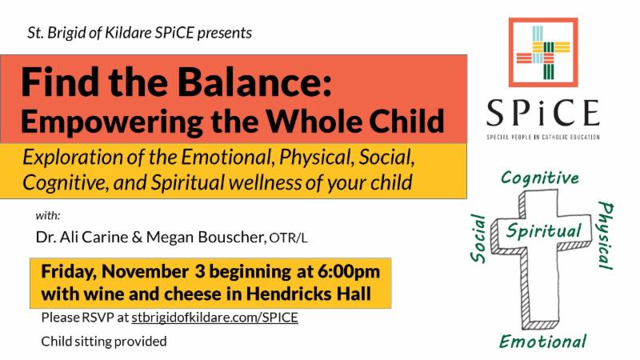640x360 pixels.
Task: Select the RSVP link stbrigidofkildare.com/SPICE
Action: pos(214,318)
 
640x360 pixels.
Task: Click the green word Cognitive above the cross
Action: pos(540,178)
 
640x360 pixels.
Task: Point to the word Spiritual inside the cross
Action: pos(544,230)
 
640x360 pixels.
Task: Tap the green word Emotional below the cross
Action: pos(543,342)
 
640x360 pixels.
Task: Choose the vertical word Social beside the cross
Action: pos(478,238)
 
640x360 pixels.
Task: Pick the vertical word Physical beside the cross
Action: pos(606,235)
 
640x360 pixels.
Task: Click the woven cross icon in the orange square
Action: pos(543,52)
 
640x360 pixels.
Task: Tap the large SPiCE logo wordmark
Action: pos(543,113)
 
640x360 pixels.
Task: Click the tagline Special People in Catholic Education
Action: pos(543,137)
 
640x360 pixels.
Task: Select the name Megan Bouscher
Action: pos(206,237)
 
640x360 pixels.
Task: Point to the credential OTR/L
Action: pos(288,238)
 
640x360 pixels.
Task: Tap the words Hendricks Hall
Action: pos(309,294)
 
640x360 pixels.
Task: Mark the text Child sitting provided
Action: pos(104,342)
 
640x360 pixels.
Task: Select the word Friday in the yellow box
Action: pos(69,272)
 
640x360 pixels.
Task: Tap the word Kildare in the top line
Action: pos(128,33)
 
